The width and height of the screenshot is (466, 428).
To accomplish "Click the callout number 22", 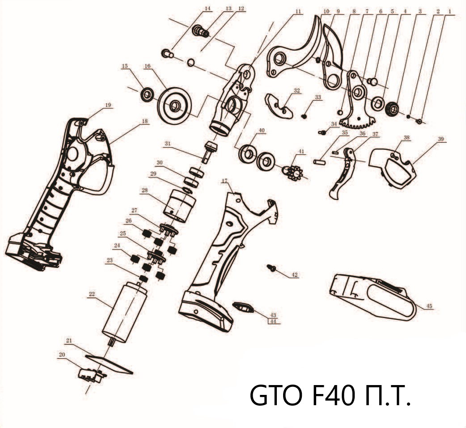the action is coord(92,294).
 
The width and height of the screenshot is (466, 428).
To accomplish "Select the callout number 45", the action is coord(429,306).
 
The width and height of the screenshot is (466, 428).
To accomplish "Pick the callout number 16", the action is coord(148,66).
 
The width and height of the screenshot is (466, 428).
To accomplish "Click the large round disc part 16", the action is coord(175,106).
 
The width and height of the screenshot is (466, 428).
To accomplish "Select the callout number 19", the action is coord(108,105).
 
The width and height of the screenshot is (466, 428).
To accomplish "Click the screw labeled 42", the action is coord(271,268).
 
